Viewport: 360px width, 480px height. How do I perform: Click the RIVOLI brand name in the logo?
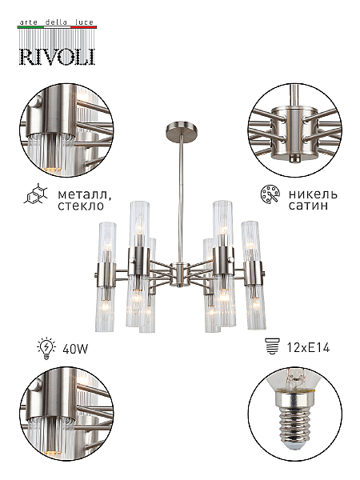coord(58,57)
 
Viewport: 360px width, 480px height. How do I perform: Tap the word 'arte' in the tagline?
coord(29,22)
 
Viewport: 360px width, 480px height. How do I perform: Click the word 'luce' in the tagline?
coord(84,22)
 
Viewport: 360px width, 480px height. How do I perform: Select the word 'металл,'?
coord(85,194)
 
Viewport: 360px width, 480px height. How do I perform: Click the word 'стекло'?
coord(81,206)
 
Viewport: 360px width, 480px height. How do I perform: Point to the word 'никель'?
coord(313,194)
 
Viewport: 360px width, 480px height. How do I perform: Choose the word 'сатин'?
coord(308,206)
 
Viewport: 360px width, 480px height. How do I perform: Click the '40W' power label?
coord(75,348)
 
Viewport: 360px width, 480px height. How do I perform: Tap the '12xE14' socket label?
coord(308,347)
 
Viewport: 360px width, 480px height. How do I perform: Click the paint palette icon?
coord(270,194)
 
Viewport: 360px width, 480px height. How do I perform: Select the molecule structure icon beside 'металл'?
coord(36,194)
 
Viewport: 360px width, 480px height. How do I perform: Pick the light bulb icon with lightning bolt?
coord(46,348)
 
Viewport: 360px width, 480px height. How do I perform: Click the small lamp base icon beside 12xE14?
coord(273,346)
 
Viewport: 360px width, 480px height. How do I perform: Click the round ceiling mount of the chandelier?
coord(182,128)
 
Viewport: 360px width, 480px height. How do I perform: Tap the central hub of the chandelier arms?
coord(181,274)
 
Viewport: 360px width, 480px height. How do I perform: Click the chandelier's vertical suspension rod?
coord(181,198)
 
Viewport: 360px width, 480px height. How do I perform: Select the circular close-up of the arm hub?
coord(294,130)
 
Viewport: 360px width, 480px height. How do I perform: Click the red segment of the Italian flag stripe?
coord(83,27)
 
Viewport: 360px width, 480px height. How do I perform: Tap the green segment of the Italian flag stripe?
coord(31,27)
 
